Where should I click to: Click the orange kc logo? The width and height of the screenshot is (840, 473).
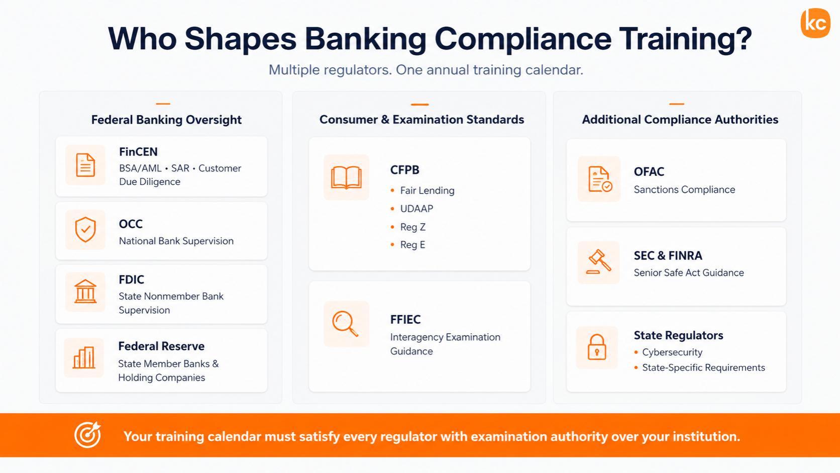coord(815,23)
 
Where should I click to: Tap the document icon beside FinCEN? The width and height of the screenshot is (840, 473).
coord(85,165)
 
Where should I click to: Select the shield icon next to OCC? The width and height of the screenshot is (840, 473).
coord(85,230)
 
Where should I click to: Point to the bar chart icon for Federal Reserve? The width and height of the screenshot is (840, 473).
coord(83,357)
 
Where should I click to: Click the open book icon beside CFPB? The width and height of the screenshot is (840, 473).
coord(346,177)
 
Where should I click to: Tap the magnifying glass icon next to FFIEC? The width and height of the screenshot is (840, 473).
coord(345,324)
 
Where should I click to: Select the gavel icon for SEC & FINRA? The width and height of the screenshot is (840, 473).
coord(599,262)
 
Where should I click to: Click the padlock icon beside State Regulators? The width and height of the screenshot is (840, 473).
coord(597,347)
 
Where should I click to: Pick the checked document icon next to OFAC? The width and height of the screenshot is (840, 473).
coord(600,179)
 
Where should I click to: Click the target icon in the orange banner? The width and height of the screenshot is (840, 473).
coord(88,435)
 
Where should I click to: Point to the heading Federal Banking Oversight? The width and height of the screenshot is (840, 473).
coord(166,120)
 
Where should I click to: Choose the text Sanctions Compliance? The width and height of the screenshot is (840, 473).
coord(684,190)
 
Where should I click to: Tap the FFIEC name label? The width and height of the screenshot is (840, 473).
coord(405,319)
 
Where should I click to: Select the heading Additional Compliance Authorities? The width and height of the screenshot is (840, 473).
coord(680,119)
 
